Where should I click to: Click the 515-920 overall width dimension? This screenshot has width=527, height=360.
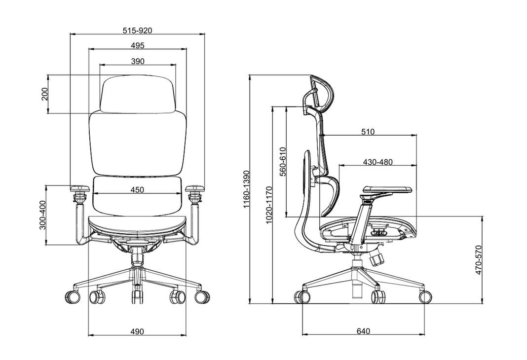137,31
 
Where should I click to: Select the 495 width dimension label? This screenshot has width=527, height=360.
138,46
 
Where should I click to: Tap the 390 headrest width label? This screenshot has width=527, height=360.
138,62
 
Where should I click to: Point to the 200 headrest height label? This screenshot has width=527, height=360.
44,94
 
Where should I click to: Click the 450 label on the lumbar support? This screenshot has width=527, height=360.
137,190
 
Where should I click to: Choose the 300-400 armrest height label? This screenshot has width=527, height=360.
43,215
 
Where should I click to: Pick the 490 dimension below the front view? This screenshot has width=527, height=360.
137,332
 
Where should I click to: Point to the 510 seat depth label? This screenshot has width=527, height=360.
368,132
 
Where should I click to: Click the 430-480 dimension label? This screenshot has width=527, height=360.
377,162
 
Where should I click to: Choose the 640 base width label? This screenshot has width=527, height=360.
363,331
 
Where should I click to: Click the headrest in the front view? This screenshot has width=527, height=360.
138,94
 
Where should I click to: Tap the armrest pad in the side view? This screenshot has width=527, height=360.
387,189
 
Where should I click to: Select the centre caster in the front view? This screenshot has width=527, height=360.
137,296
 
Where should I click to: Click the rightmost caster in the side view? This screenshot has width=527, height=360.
425,297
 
